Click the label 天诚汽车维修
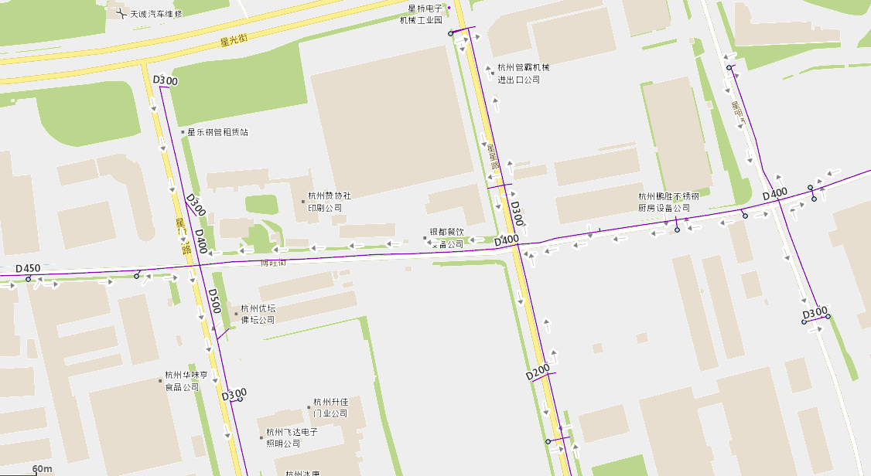coord(155,14)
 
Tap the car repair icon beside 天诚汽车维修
coord(119,14)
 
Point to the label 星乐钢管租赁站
coord(217,132)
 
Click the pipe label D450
coord(28,269)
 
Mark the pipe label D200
coord(538,371)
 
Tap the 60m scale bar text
coord(43,469)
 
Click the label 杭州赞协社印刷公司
coord(330,202)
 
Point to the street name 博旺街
coord(273,263)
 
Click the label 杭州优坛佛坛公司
coord(258,314)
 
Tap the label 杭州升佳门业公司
coord(330,408)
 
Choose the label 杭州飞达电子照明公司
coord(292,437)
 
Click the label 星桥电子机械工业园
coord(420,14)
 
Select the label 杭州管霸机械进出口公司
coord(523,73)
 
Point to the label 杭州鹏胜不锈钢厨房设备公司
coord(668,202)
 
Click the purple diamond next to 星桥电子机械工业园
coord(449,8)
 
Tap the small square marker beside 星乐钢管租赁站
coord(182,132)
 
